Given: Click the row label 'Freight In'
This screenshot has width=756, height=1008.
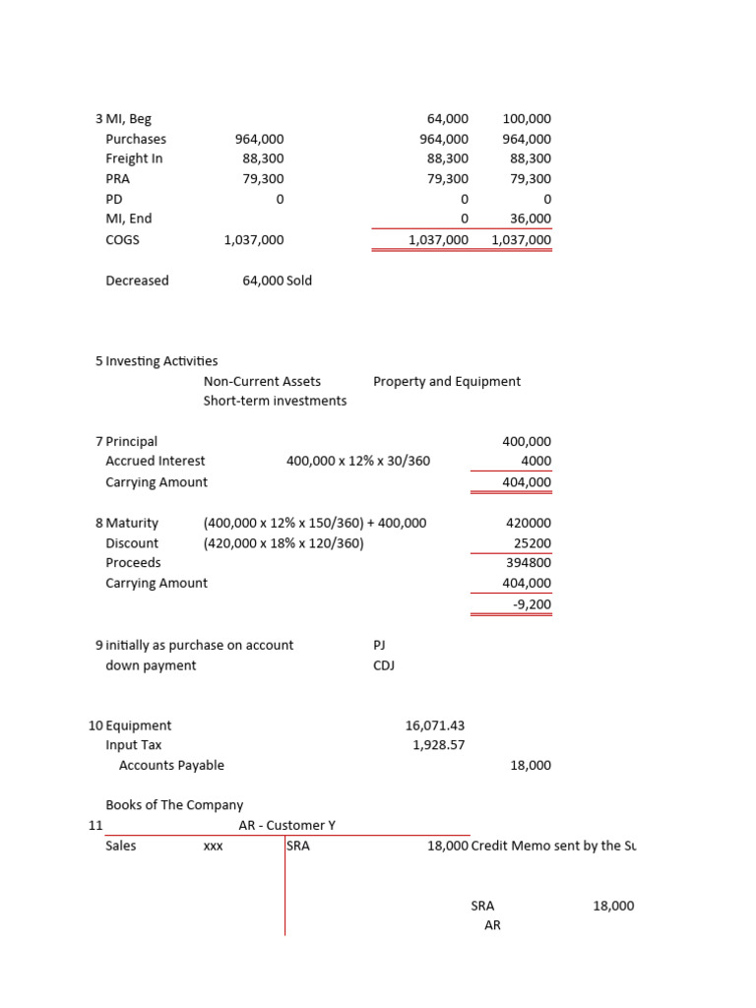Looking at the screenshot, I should (134, 158).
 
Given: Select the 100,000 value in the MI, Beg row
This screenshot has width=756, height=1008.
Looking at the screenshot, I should (527, 118).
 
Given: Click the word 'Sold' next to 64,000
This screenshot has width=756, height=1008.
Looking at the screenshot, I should (299, 281).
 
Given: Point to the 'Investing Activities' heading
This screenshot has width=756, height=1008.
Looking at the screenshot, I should (161, 361).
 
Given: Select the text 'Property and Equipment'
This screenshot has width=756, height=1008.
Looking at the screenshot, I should (447, 381).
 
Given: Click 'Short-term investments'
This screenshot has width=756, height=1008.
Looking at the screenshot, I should (275, 401).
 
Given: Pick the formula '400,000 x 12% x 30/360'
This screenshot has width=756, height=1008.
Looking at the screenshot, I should (358, 461).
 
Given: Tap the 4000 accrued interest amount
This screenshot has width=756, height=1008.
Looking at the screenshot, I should (536, 461).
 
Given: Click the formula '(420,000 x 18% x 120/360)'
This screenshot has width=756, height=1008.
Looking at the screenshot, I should (283, 542).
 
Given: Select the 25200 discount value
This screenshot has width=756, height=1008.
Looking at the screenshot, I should (533, 542).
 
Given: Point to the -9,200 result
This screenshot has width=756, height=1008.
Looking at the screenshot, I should (533, 603).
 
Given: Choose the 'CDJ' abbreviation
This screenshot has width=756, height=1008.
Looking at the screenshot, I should (385, 665).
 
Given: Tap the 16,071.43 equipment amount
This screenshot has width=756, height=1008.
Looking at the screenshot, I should (434, 725).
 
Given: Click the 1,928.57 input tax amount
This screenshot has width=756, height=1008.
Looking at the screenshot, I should (438, 745).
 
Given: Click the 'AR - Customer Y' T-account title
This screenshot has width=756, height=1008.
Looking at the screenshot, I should (287, 825).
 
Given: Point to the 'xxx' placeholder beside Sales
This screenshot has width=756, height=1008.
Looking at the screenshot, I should (213, 846).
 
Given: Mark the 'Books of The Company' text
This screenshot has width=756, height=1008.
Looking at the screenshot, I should (174, 804).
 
